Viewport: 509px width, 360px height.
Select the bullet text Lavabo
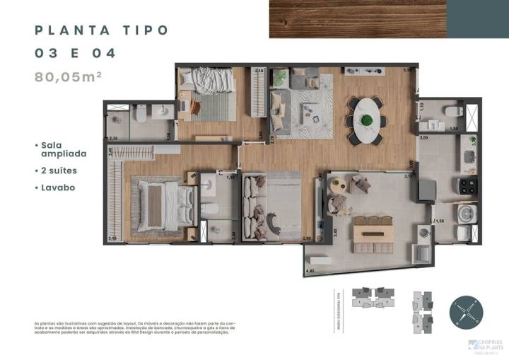tap(57, 187)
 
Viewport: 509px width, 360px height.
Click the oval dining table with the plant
tap(367, 115)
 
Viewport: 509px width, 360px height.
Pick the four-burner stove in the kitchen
tap(467, 186)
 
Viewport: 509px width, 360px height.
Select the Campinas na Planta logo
tap(483, 347)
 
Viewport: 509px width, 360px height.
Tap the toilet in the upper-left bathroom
tap(140, 113)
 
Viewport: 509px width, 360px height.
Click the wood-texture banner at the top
tap(358, 19)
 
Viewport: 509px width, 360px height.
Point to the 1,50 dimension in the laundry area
tap(440, 221)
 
